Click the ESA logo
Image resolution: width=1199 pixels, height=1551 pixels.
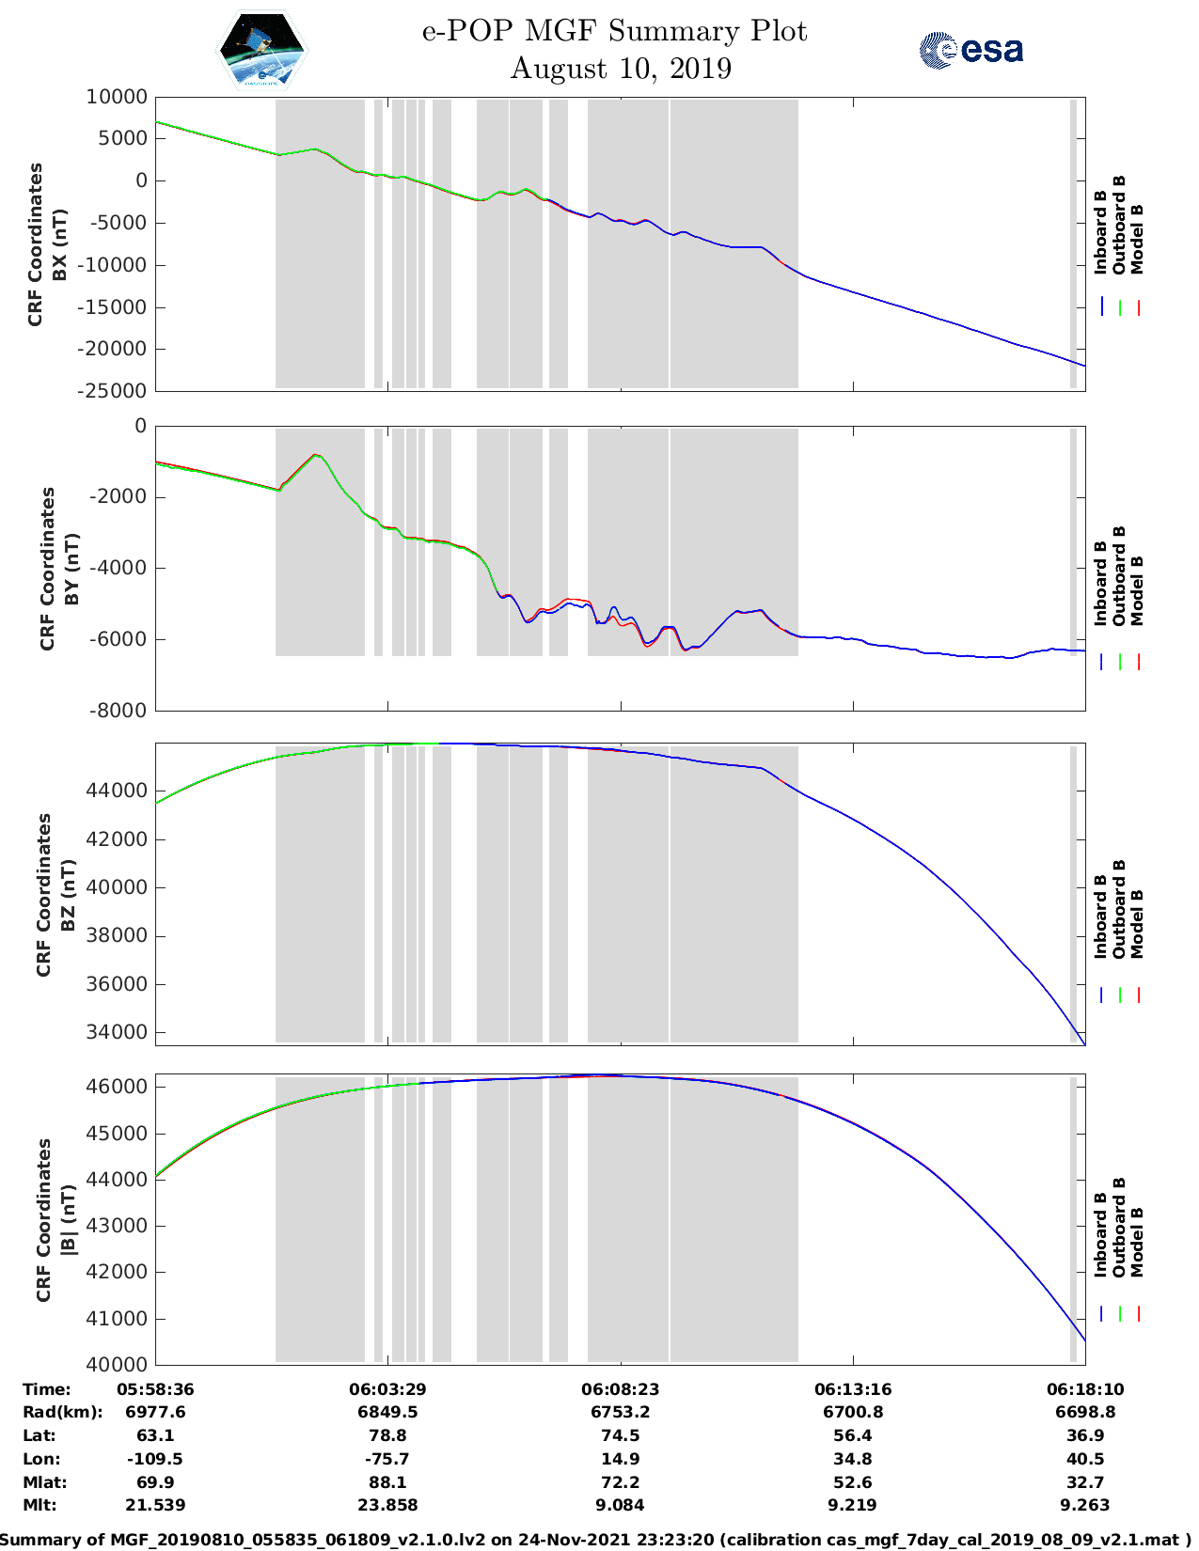point(970,50)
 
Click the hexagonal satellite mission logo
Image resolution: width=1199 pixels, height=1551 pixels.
point(262,50)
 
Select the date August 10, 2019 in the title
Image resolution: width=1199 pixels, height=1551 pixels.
point(621,69)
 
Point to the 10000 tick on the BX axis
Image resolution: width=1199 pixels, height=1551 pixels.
point(117,97)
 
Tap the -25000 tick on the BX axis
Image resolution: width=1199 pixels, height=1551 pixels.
point(113,391)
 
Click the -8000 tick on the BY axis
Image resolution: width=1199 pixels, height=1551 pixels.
point(120,712)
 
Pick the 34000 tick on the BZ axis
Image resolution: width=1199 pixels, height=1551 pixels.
point(117,1032)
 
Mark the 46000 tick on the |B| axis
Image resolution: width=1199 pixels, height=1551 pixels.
point(117,1087)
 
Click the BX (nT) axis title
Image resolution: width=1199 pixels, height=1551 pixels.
point(60,244)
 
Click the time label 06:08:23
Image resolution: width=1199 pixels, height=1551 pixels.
point(620,1389)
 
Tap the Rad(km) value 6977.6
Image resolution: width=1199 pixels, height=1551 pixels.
point(155,1412)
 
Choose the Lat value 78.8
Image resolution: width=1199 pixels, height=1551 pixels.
point(387,1435)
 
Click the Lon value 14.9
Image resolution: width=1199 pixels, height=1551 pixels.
point(620,1459)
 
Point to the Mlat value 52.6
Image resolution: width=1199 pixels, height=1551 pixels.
point(852,1482)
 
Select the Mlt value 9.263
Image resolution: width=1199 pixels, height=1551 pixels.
point(1085,1505)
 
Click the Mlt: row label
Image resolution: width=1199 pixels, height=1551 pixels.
point(39,1505)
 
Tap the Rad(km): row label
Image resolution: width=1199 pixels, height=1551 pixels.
point(62,1412)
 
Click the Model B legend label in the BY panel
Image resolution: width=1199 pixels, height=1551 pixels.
point(1137,590)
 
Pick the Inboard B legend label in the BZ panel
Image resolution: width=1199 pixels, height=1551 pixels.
point(1101,916)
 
